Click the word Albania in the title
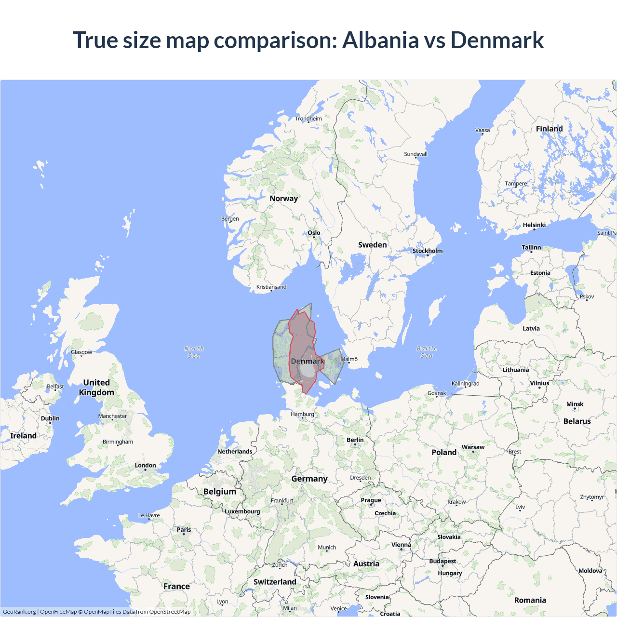tap(380, 40)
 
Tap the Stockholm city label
tap(427, 251)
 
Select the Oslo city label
tap(314, 233)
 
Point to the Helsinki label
tap(534, 225)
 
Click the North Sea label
tap(194, 352)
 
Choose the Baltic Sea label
tap(427, 352)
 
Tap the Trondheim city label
tap(308, 119)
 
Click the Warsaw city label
tap(473, 447)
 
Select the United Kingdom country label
tap(96, 387)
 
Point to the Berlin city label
tap(355, 440)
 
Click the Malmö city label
tap(349, 359)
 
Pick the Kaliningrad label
tap(465, 384)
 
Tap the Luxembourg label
tap(242, 511)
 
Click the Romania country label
tap(530, 600)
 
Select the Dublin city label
tap(50, 418)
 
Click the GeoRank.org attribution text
tap(19, 612)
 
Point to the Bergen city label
tap(230, 219)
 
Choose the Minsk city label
tap(575, 404)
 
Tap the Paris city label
tap(184, 530)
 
